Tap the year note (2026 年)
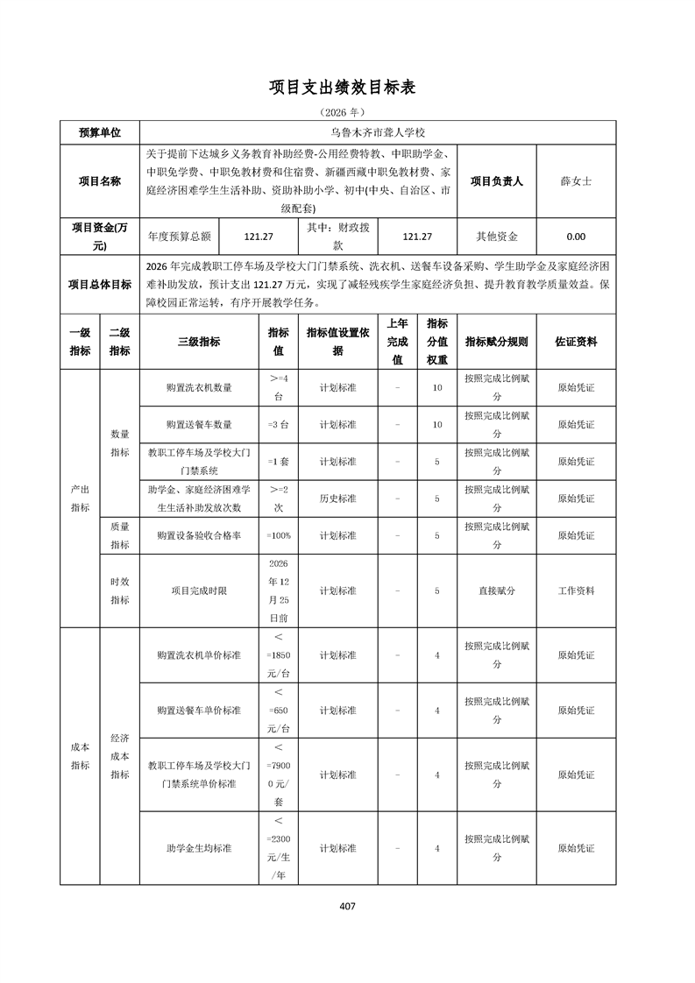[347, 112]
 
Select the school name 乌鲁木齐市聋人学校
[383, 132]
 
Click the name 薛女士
[576, 181]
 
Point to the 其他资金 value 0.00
[576, 237]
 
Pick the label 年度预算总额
[180, 237]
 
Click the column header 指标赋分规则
[496, 342]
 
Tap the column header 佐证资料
[576, 342]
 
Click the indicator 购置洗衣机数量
[199, 387]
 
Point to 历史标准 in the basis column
[337, 498]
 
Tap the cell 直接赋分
[496, 591]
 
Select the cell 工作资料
[576, 591]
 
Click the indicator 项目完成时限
[199, 591]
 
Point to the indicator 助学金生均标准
[199, 848]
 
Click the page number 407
[347, 906]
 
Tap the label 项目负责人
[496, 181]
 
